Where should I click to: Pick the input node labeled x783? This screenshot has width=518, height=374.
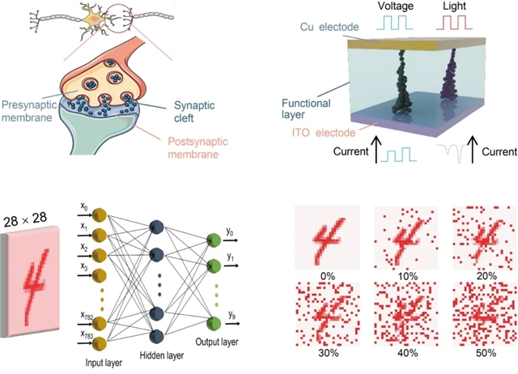(x=100, y=337)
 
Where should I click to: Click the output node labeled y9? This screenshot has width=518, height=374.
(x=214, y=325)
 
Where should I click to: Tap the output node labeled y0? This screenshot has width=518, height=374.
(x=214, y=240)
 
